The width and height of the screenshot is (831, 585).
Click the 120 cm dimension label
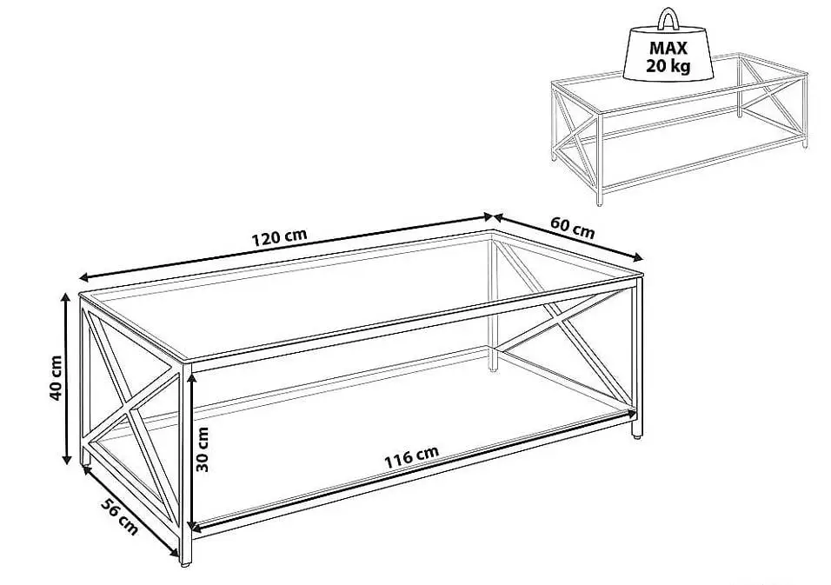click(279, 238)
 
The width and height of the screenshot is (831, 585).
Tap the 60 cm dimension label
click(572, 227)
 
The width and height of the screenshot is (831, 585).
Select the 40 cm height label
click(57, 378)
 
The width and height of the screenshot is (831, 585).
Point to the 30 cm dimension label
click(203, 449)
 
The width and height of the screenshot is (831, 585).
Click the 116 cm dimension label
click(411, 457)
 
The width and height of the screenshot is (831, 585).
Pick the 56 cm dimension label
click(119, 516)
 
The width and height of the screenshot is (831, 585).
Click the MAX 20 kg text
click(668, 57)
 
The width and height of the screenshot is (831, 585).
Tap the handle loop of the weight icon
click(668, 17)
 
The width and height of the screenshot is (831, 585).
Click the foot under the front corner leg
click(185, 565)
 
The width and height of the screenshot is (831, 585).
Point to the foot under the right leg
click(636, 436)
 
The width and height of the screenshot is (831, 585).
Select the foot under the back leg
click(493, 369)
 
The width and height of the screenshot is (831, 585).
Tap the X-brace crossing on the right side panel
click(557, 320)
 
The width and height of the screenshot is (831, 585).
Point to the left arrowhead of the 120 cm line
click(83, 277)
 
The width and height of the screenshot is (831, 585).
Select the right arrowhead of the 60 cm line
click(638, 257)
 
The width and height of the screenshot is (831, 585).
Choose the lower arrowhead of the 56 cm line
click(175, 553)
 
